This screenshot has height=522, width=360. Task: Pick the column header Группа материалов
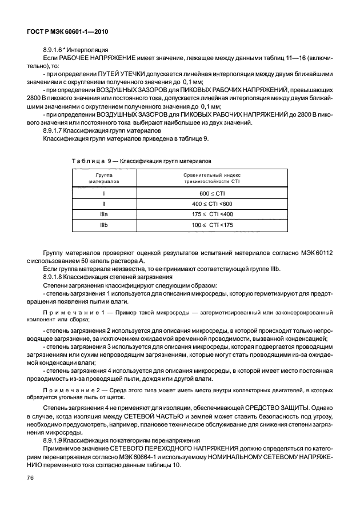point(103,177)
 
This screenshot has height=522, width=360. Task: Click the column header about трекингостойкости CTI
point(212,177)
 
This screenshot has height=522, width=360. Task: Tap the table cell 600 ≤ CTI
point(212,194)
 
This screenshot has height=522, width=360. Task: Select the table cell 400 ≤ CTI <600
point(212,204)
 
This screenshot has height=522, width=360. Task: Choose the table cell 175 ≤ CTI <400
point(212,214)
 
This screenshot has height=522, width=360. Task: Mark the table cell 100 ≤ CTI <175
point(212,225)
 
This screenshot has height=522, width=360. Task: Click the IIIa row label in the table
point(103,214)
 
